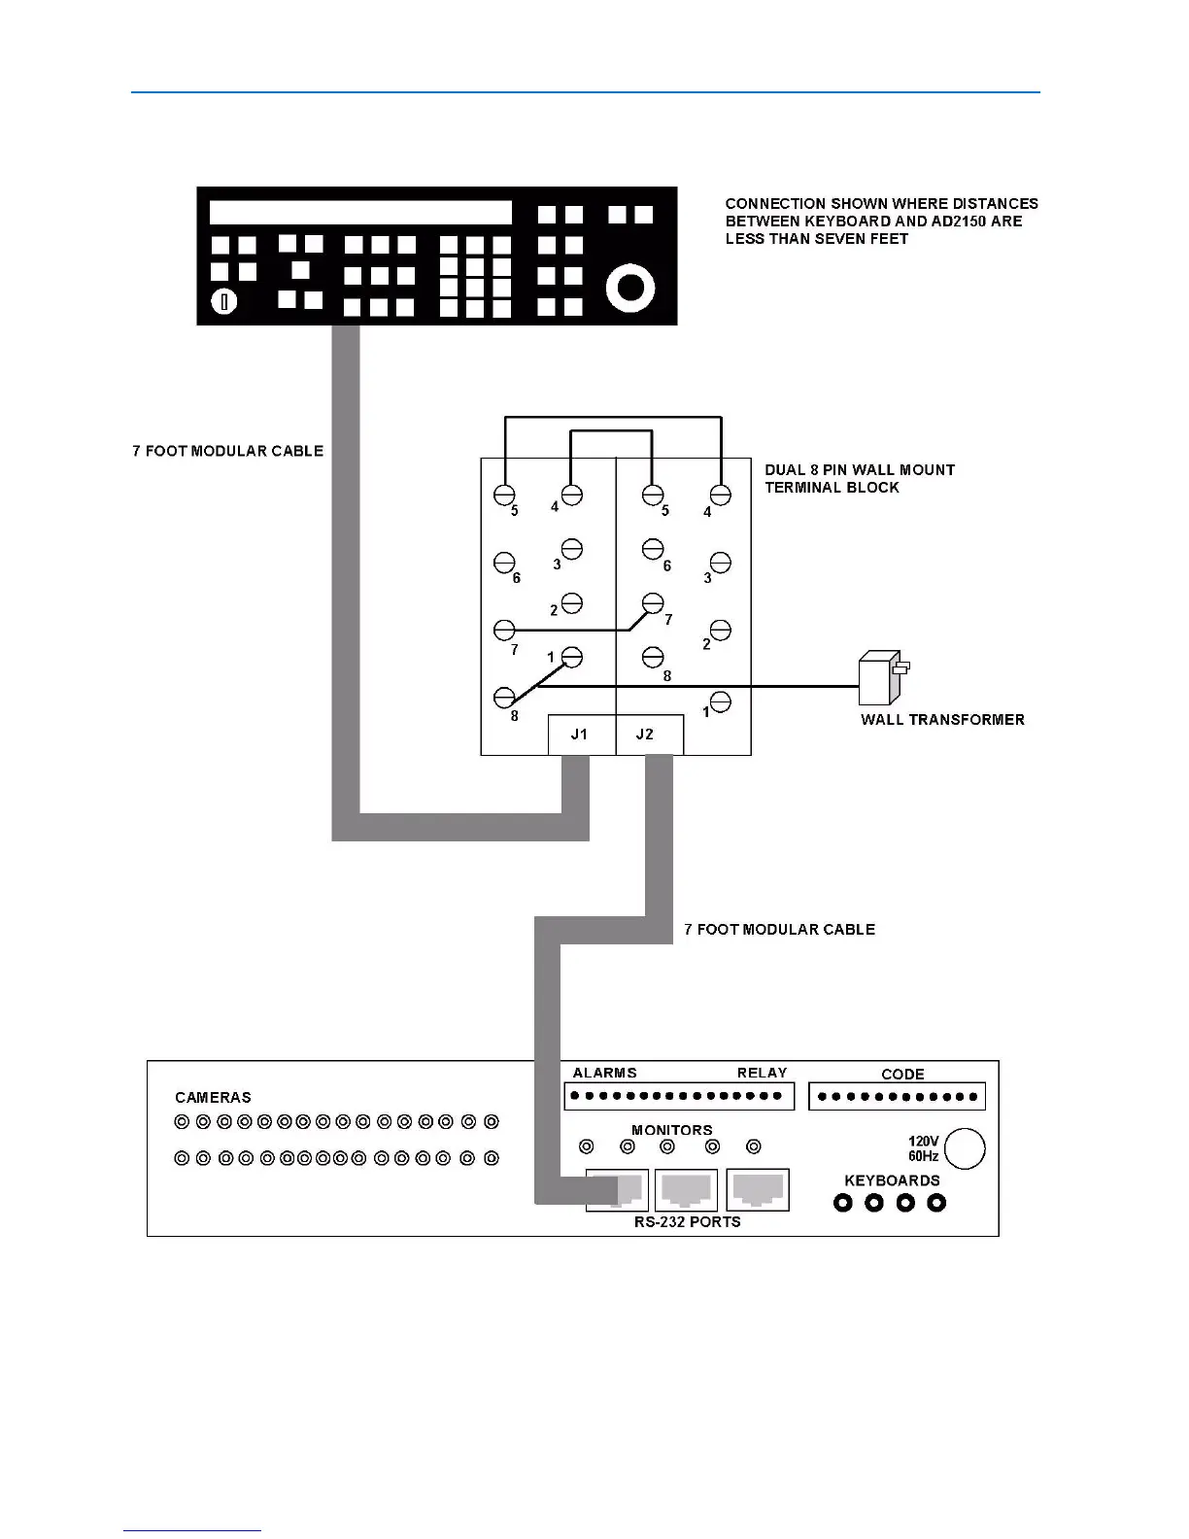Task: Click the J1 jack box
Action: point(581,735)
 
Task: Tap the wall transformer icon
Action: point(879,678)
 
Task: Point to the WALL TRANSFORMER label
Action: point(942,720)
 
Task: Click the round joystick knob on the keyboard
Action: point(630,288)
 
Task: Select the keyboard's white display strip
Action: point(360,213)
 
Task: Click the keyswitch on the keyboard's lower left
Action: point(224,302)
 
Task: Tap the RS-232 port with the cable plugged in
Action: point(618,1190)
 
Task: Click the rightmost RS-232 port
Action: point(758,1190)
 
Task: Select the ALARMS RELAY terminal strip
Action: point(679,1096)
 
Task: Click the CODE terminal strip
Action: point(897,1097)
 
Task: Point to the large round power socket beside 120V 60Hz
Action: point(965,1148)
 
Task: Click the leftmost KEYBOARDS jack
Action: point(843,1203)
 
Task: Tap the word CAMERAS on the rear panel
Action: point(213,1098)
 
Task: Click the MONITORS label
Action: point(671,1130)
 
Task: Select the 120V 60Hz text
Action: point(923,1149)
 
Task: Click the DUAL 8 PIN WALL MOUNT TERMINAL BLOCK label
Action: point(859,478)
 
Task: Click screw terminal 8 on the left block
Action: point(504,697)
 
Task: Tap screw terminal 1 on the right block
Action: point(720,701)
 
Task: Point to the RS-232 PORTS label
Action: point(687,1222)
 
